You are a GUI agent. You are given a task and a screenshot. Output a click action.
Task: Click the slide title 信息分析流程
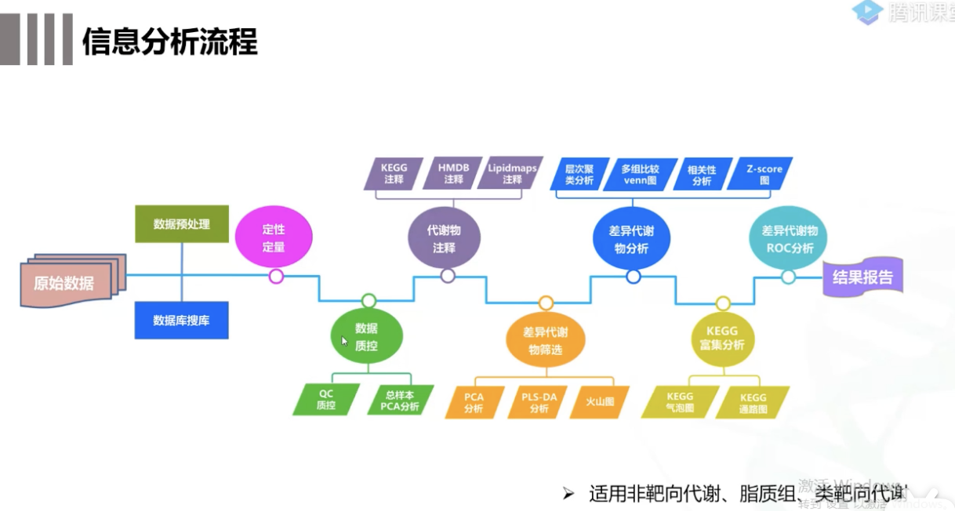pyautogui.click(x=170, y=42)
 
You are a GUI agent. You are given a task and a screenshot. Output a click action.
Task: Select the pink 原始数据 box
pyautogui.click(x=65, y=283)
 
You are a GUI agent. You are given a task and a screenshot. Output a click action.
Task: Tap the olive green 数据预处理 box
pyautogui.click(x=182, y=224)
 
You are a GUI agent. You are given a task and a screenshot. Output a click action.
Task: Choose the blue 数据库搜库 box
pyautogui.click(x=181, y=320)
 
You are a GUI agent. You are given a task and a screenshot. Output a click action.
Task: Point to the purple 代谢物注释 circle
pyautogui.click(x=444, y=239)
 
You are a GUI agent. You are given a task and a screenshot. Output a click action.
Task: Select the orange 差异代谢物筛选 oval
pyautogui.click(x=545, y=341)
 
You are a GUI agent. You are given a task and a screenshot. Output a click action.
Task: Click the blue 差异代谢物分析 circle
pyautogui.click(x=631, y=240)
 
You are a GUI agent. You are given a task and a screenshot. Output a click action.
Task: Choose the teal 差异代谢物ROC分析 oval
pyautogui.click(x=790, y=239)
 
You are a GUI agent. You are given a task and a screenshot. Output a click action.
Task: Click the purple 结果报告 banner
pyautogui.click(x=862, y=277)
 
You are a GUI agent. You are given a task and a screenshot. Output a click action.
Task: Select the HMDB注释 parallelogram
pyautogui.click(x=453, y=174)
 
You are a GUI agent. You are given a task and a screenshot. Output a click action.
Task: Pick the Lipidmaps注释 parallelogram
pyautogui.click(x=512, y=174)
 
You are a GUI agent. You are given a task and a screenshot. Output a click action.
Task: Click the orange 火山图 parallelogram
pyautogui.click(x=599, y=401)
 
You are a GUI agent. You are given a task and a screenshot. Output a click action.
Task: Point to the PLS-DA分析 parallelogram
pyautogui.click(x=539, y=402)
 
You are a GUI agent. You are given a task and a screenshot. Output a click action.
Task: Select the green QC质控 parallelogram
pyautogui.click(x=326, y=400)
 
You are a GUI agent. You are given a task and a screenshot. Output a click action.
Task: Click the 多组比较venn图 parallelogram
pyautogui.click(x=640, y=174)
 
